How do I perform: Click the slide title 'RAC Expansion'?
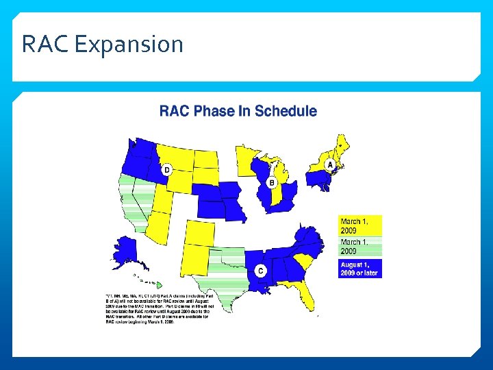[x=103, y=45]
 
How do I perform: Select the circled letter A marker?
[x=331, y=165]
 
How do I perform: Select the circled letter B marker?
[x=272, y=183]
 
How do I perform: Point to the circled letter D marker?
[x=166, y=169]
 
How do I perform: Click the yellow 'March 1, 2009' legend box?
[x=360, y=226]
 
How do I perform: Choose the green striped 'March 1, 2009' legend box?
[x=360, y=247]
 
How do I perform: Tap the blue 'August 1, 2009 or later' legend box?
[x=360, y=268]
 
